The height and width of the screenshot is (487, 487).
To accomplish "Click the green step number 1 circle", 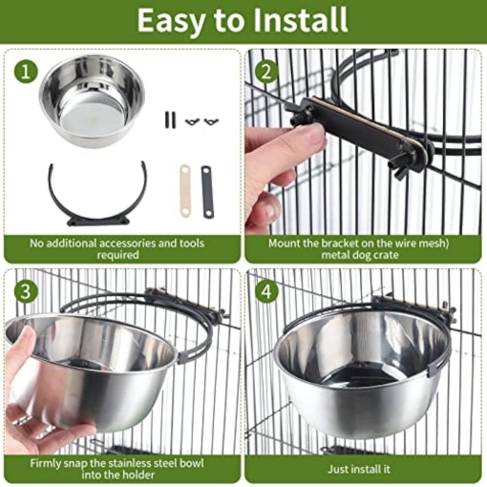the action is [x=26, y=72].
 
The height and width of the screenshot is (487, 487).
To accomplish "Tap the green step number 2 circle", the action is [x=266, y=72].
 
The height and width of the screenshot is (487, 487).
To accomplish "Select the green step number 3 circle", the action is [x=26, y=291].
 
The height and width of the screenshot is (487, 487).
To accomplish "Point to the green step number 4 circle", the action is [x=266, y=291].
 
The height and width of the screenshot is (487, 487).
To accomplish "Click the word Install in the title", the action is [x=300, y=20].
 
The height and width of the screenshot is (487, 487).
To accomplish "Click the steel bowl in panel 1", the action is [x=93, y=100].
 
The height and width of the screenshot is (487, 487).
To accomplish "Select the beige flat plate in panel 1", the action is [x=185, y=190].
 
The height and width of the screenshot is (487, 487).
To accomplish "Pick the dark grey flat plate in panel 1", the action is [x=207, y=192].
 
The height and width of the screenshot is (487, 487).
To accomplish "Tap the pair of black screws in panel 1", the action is [x=170, y=119].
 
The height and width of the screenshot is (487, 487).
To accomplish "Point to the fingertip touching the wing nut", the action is [x=315, y=134].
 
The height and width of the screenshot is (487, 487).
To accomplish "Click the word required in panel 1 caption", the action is [x=118, y=255].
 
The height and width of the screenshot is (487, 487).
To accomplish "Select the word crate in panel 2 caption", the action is [x=386, y=255].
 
